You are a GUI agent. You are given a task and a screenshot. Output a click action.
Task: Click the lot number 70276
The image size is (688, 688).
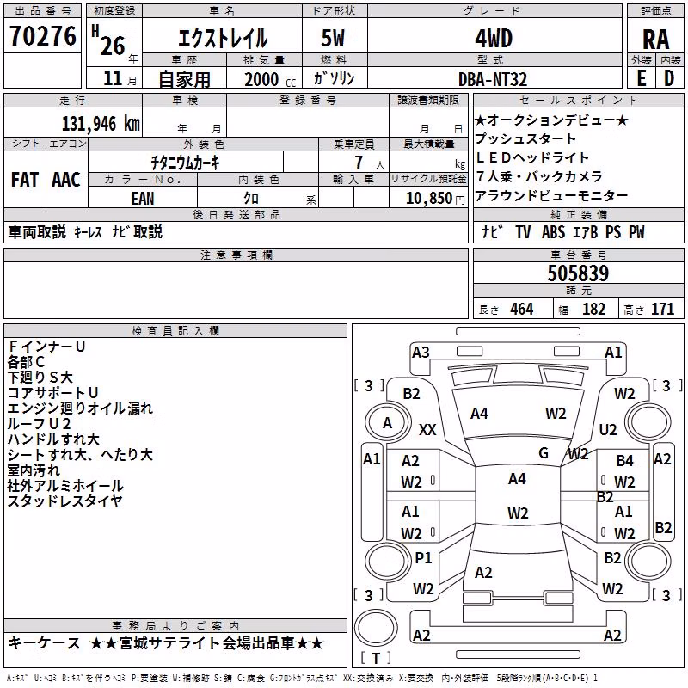pyautogui.click(x=43, y=35)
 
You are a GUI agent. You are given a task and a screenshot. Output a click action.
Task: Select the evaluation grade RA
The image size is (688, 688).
pyautogui.click(x=655, y=40)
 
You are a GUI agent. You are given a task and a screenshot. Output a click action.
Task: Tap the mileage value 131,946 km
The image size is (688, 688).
pyautogui.click(x=101, y=124)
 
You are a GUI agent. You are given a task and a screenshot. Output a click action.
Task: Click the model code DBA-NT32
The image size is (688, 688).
pyautogui.click(x=492, y=79)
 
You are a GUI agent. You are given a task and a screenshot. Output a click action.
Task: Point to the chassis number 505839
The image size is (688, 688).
pyautogui.click(x=578, y=273)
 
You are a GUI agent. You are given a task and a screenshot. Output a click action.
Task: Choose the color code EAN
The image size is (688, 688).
pyautogui.click(x=143, y=199)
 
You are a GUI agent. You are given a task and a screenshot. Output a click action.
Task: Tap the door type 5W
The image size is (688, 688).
pyautogui.click(x=333, y=38)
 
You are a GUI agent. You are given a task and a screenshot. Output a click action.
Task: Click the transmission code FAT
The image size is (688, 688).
pyautogui.click(x=25, y=180)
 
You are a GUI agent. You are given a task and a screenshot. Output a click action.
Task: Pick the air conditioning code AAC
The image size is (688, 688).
pyautogui.click(x=66, y=180)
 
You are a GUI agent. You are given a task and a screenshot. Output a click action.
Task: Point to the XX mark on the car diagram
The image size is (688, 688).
pyautogui.click(x=427, y=429)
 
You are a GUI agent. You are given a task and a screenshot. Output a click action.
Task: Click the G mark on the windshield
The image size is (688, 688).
pyautogui.click(x=544, y=452)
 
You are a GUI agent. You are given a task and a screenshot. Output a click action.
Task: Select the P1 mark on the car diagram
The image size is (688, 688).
pyautogui.click(x=423, y=557)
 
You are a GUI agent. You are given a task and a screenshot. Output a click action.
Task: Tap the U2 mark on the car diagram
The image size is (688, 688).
pyautogui.click(x=608, y=429)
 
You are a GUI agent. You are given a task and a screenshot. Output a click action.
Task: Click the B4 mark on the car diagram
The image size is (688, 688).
pyautogui.click(x=624, y=460)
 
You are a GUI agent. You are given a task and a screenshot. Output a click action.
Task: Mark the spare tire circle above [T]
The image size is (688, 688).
pyautogui.click(x=376, y=628)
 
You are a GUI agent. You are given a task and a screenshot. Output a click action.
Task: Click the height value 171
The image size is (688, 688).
pyautogui.click(x=662, y=310)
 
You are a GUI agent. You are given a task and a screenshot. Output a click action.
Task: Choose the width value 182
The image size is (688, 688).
pyautogui.click(x=593, y=310)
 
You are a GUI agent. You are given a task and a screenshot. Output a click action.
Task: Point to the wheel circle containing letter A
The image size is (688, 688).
pyautogui.click(x=388, y=423)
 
